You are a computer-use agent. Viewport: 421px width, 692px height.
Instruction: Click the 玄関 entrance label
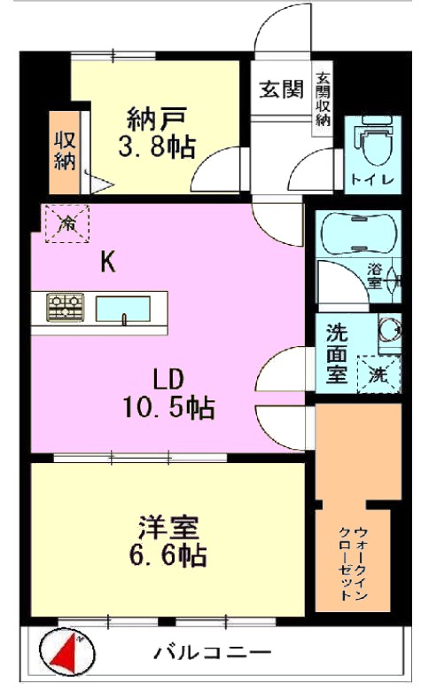281,90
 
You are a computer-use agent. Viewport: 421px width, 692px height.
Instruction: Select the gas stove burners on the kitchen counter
66,306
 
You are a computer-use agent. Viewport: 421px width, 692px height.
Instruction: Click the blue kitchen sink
123,309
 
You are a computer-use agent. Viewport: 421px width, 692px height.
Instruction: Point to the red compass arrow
66,651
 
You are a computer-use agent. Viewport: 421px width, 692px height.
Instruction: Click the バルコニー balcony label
212,652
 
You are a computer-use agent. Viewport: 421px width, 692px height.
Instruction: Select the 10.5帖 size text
168,407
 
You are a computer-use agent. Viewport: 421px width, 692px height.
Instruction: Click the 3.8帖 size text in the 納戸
157,146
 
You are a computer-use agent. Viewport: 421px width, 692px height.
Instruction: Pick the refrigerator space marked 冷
67,224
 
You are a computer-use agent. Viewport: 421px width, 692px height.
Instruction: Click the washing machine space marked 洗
378,374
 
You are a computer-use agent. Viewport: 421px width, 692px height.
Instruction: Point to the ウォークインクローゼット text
353,562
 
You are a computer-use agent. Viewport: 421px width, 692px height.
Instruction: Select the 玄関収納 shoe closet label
324,99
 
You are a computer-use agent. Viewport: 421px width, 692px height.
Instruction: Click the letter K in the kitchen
108,263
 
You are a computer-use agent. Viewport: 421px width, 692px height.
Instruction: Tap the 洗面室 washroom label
337,353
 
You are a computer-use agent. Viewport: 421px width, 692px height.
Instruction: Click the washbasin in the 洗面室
390,330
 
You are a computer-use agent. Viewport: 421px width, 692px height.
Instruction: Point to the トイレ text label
372,180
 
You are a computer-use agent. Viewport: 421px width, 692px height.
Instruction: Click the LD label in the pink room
168,379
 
